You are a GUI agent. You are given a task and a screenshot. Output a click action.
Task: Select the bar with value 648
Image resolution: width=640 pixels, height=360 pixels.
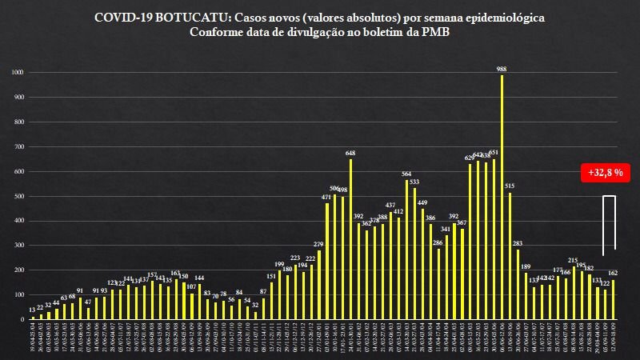[x=350, y=239]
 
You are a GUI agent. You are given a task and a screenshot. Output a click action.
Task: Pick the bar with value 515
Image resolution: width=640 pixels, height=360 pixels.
[x=510, y=255]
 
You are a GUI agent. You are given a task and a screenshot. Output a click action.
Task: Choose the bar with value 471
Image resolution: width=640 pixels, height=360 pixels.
[x=327, y=261]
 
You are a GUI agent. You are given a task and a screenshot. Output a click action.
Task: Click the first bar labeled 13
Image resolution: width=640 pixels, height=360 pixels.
[x=32, y=318]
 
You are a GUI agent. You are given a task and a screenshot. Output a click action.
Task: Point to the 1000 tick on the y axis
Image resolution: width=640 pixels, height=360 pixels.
[x=18, y=73]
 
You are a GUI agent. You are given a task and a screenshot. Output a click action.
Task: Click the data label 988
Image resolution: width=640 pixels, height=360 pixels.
[x=502, y=69]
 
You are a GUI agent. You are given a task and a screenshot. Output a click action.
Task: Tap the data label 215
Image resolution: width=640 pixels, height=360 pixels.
[x=573, y=260]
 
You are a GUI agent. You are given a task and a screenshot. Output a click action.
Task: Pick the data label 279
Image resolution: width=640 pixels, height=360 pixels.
[x=318, y=244]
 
